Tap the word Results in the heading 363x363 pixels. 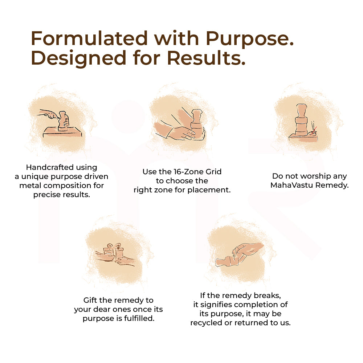click(x=206, y=58)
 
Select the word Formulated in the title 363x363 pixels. click(x=89, y=38)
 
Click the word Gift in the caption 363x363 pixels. click(x=89, y=300)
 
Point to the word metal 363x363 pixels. click(x=30, y=185)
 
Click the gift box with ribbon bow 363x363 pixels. click(x=114, y=252)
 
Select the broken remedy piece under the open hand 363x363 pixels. click(x=227, y=261)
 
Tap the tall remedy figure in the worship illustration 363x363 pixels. click(x=301, y=120)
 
